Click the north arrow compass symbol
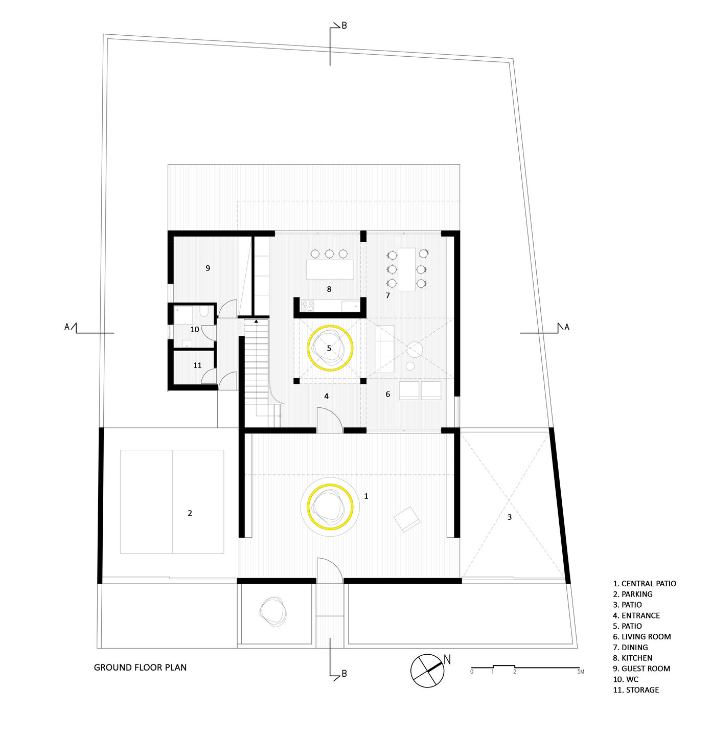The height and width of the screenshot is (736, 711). [427, 670]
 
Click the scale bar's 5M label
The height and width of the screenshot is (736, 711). [580, 672]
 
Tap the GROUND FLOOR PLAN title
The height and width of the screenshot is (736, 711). [140, 667]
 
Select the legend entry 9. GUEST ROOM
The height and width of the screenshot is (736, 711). [641, 669]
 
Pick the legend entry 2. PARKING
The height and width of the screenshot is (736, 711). [632, 594]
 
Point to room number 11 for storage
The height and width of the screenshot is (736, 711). [197, 365]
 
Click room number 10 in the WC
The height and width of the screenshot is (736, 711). [195, 330]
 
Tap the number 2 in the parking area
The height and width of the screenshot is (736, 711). [190, 513]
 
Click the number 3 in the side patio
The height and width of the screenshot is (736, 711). [509, 517]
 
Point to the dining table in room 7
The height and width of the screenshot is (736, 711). [406, 269]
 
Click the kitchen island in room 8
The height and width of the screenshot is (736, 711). [330, 269]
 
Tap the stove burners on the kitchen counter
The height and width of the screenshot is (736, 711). [307, 306]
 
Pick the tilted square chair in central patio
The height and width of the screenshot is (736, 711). [407, 519]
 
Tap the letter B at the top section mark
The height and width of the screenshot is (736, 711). [344, 26]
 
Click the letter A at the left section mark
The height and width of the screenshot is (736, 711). [66, 327]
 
